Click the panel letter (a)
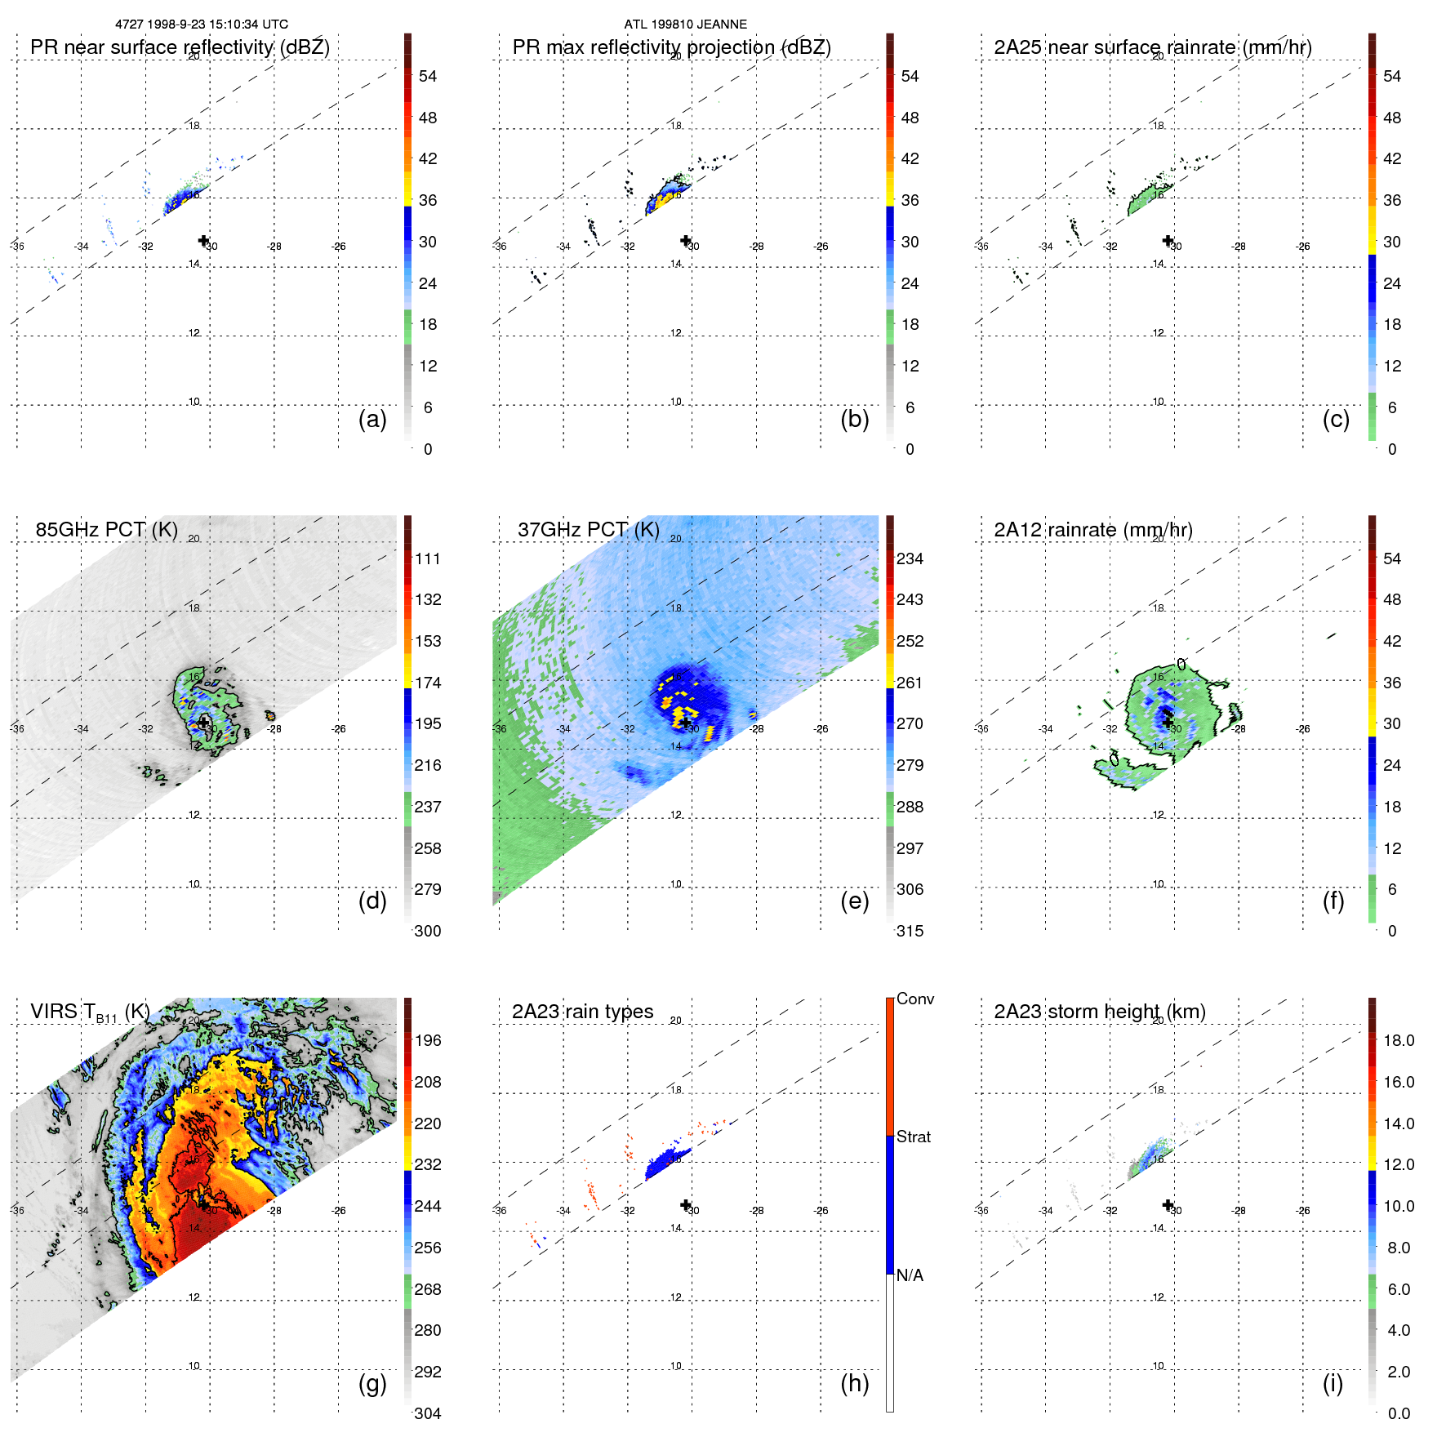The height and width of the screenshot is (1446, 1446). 372,420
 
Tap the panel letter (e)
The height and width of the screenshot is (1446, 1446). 854,901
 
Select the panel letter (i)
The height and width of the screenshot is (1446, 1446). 1333,1384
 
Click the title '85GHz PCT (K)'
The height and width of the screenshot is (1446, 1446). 107,530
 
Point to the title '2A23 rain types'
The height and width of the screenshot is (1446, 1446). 582,1012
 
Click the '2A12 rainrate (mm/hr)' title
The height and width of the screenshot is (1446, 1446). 1092,530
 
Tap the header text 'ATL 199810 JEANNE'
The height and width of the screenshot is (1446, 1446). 685,24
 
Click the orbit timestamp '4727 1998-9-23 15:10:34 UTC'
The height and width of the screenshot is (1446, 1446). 202,24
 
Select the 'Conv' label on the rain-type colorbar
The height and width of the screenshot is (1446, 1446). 914,999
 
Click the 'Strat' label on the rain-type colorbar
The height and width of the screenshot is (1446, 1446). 913,1137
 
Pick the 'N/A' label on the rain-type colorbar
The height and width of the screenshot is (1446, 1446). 910,1275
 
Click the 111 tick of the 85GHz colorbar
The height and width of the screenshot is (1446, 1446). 428,559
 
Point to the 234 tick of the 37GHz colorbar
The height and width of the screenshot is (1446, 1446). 910,559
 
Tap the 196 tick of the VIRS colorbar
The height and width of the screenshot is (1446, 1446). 428,1041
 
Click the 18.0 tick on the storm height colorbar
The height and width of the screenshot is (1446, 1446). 1398,1041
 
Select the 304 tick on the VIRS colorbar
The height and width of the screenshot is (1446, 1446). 428,1413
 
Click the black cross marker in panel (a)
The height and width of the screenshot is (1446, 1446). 204,240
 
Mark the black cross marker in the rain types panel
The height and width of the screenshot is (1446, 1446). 686,1205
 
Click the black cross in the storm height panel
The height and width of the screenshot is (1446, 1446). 1168,1205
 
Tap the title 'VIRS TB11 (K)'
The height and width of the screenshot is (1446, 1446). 90,1012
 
